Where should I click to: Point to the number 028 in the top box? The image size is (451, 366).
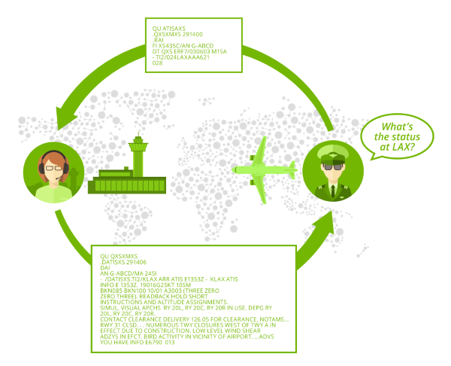click(x=157, y=63)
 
